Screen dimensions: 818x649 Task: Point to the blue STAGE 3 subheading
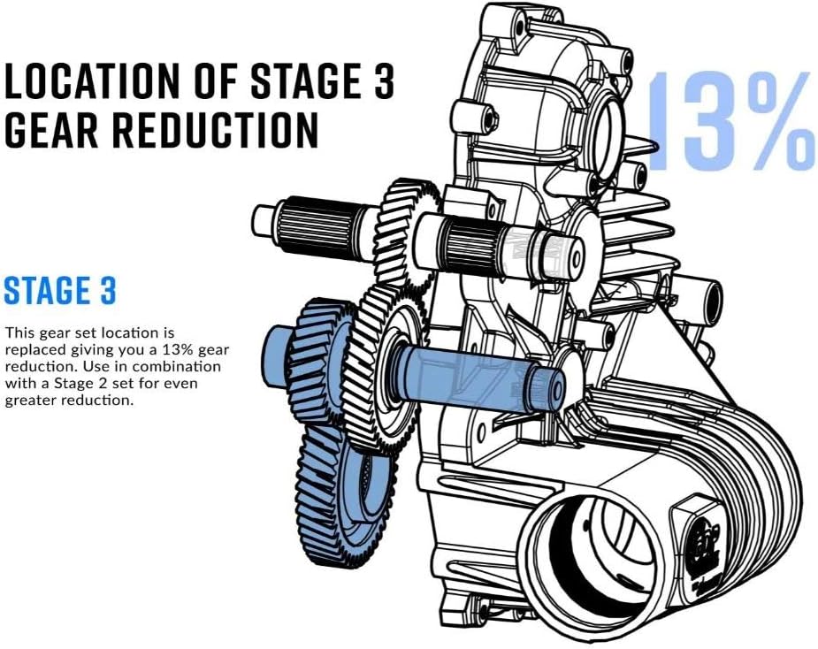click(59, 291)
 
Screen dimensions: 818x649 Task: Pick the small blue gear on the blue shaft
click(313, 360)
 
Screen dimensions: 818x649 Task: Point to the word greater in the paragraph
click(31, 401)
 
